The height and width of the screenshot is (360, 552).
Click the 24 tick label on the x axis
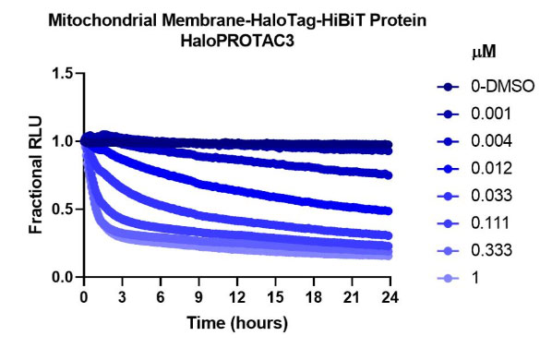pos(391,299)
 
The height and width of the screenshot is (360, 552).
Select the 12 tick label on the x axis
pos(237,299)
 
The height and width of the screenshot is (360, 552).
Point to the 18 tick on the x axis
pos(314,299)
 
